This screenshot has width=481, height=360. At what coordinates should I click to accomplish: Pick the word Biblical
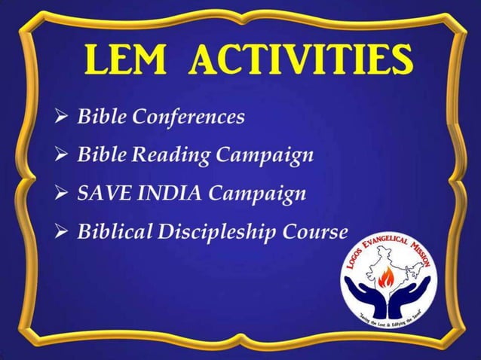tap(115, 231)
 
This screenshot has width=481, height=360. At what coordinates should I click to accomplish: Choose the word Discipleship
tap(215, 232)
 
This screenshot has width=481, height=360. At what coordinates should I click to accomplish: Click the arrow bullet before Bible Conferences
tap(63, 118)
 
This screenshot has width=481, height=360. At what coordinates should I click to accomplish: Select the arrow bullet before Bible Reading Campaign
tap(63, 157)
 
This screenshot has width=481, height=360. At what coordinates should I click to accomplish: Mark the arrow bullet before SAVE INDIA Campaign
tap(63, 194)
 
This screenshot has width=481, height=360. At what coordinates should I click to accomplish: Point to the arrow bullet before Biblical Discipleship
tap(63, 232)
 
